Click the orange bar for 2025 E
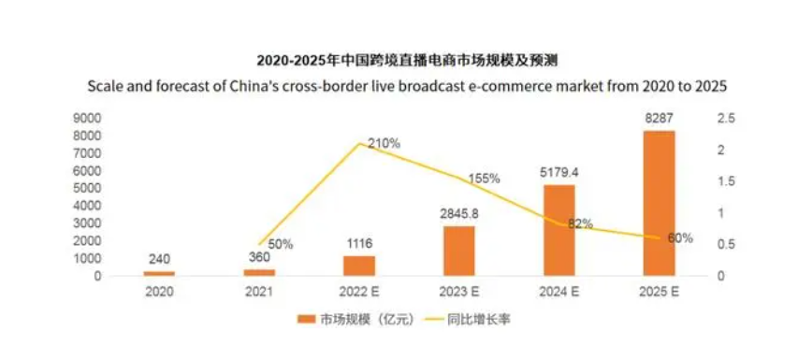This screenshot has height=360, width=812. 660,203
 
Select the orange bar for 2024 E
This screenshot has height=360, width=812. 559,229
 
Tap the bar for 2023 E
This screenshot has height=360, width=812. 459,251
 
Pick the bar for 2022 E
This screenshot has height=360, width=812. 359,266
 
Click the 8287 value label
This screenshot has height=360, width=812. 660,119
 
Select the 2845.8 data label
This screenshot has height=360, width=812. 459,213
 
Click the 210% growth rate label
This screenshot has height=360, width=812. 384,144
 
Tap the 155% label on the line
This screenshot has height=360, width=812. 484,178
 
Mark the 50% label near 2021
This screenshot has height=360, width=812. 279,244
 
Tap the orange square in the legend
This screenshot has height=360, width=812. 303,320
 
